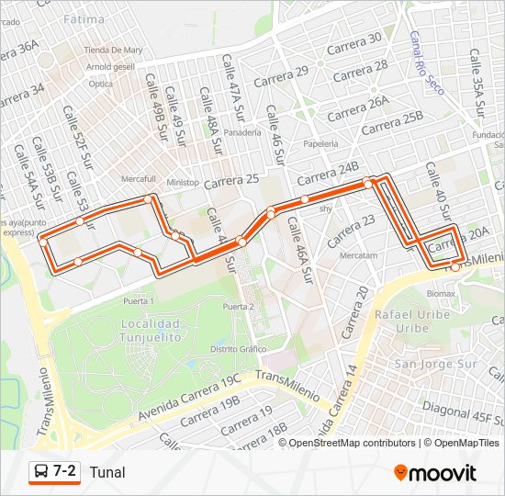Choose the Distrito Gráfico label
238,349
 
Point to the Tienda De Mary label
113,50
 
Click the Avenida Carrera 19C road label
188,400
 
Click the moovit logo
435,473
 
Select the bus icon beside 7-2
40,472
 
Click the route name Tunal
107,472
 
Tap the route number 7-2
65,471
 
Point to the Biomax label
440,294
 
